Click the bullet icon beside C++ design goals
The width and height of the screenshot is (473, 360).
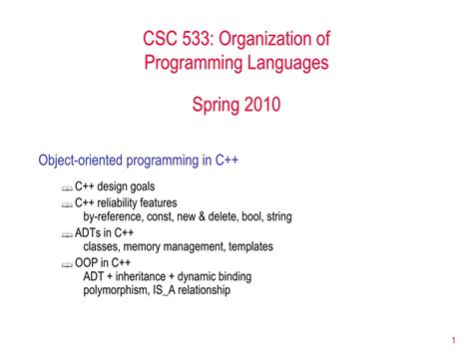tap(66, 188)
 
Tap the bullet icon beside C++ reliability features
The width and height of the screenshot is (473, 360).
tap(66, 203)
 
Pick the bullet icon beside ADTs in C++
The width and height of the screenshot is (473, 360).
tap(66, 233)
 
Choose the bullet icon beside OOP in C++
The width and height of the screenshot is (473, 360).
tap(66, 263)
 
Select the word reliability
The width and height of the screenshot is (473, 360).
tap(125, 201)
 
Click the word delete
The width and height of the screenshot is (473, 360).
tap(217, 215)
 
